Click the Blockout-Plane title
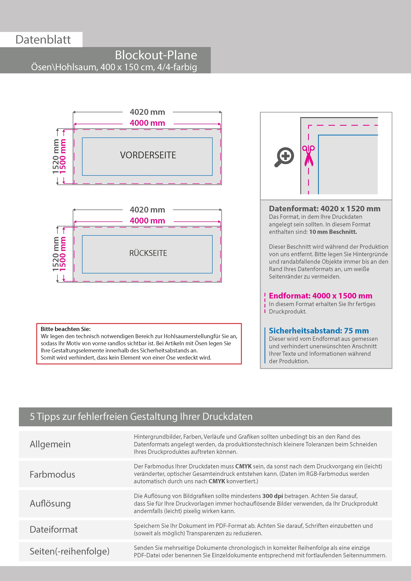point(156,55)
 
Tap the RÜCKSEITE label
point(148,253)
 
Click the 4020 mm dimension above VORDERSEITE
point(147,112)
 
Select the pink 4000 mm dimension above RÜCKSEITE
point(147,221)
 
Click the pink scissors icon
point(308,156)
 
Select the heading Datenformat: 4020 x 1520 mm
point(324,209)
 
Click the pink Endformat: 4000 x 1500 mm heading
point(320,296)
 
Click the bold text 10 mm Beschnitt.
point(333,232)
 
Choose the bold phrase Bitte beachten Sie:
point(66,329)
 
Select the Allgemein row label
point(50,444)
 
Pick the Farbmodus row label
point(52,475)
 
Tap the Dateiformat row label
point(54,529)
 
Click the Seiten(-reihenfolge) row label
point(69,551)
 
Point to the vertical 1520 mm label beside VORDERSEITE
point(56,156)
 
